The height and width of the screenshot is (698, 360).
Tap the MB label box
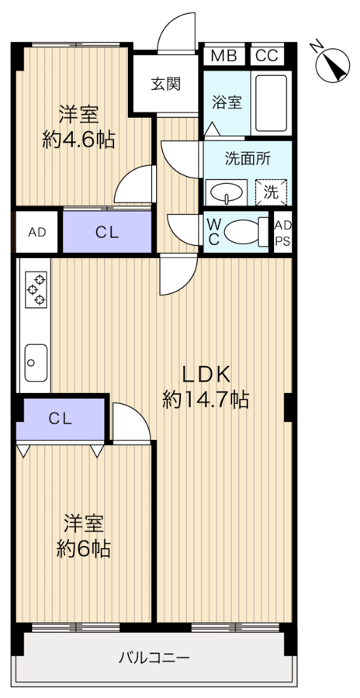pyautogui.click(x=223, y=56)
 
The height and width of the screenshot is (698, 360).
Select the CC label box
pyautogui.click(x=266, y=56)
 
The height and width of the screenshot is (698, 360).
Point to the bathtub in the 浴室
pyautogui.click(x=272, y=104)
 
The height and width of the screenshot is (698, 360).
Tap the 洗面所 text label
pyautogui.click(x=247, y=158)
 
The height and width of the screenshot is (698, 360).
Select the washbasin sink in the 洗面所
pyautogui.click(x=226, y=191)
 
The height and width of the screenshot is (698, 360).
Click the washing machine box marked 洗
pyautogui.click(x=271, y=191)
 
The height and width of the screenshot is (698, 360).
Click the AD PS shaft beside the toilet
pyautogui.click(x=283, y=232)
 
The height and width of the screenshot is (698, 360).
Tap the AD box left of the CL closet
pyautogui.click(x=36, y=232)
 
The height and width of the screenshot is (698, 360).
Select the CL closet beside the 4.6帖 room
pyautogui.click(x=107, y=232)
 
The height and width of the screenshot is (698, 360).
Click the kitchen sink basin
pyautogui.click(x=35, y=358)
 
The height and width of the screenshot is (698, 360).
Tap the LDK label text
pyautogui.click(x=206, y=374)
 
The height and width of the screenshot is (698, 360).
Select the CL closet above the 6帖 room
pyautogui.click(x=61, y=419)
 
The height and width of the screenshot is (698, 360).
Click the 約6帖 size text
pyautogui.click(x=83, y=549)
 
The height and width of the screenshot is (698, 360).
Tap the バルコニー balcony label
pyautogui.click(x=154, y=658)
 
